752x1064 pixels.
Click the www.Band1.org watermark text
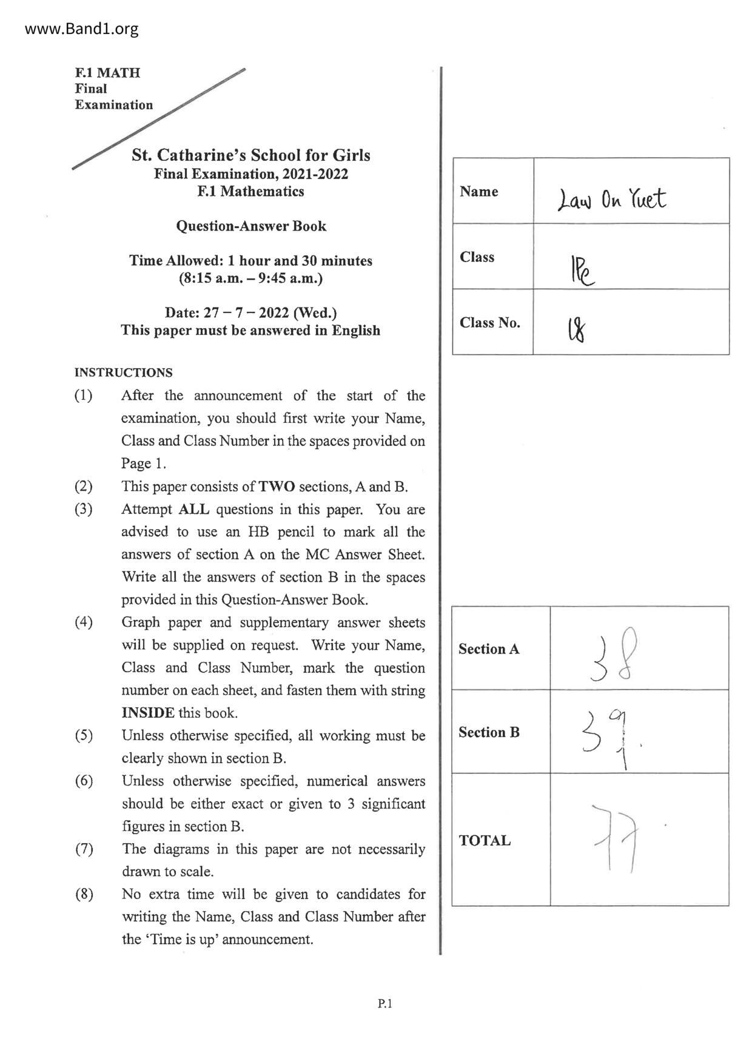(82, 29)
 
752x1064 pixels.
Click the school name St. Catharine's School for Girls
(251, 155)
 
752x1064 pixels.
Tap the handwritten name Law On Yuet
(611, 198)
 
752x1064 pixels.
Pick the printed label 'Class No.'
(490, 323)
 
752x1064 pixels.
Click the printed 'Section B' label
(489, 732)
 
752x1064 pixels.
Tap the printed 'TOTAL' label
(485, 840)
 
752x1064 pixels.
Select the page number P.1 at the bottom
(384, 1004)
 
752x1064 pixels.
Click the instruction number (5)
(84, 736)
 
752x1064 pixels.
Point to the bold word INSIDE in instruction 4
(148, 713)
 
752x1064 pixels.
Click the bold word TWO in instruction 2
(277, 487)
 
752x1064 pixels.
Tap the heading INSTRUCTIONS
(123, 372)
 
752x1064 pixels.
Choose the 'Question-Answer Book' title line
(251, 226)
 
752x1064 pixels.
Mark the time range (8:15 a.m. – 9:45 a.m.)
(250, 278)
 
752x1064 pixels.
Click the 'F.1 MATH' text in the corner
(107, 73)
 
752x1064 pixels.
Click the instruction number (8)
(84, 894)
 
